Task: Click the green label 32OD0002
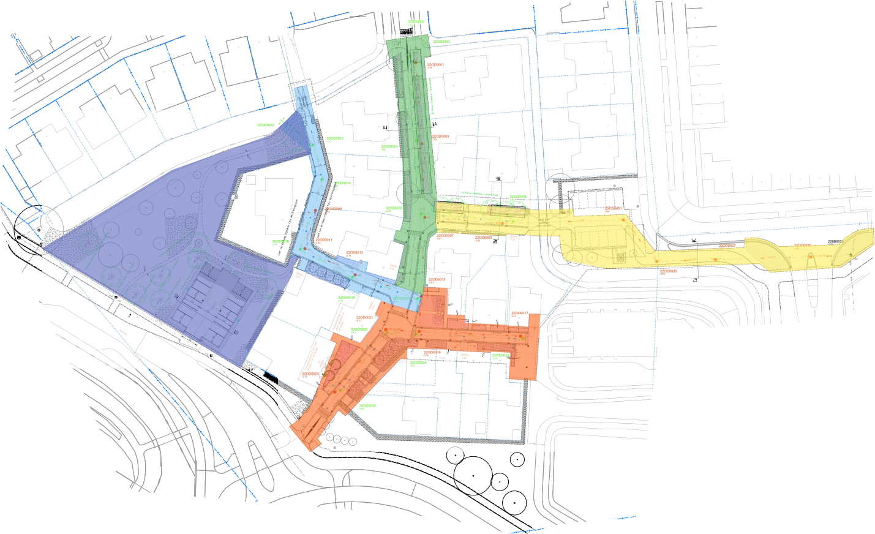point(416,21)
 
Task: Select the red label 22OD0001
point(435,64)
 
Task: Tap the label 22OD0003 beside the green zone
point(440,137)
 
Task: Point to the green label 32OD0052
point(265,125)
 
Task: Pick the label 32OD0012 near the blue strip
point(335,138)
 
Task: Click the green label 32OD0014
point(342,183)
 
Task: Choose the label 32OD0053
point(441,42)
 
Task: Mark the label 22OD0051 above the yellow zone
point(613,209)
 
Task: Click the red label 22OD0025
point(668,271)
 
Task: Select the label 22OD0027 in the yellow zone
point(727,246)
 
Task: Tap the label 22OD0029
point(803,245)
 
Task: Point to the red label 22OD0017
point(520,313)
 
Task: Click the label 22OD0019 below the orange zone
point(432,352)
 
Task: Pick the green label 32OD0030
point(367,405)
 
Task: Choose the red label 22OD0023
point(310,374)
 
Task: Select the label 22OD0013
point(355,252)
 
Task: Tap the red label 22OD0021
point(365,317)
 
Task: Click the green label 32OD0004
point(389,146)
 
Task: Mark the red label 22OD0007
point(445,235)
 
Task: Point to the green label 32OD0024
point(418,363)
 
